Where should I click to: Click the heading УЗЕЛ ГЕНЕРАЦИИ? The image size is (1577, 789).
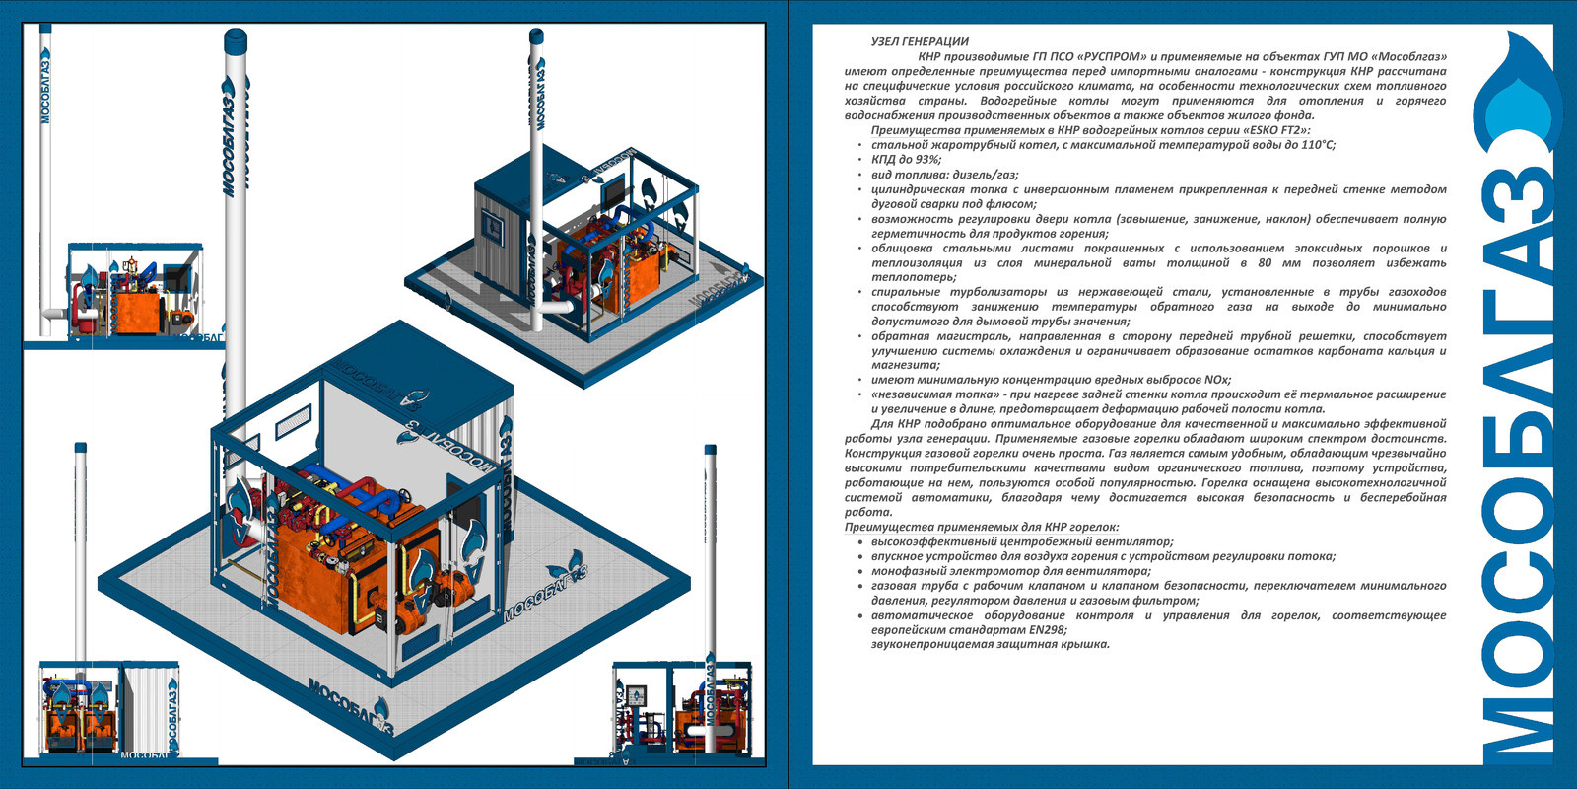click(920, 42)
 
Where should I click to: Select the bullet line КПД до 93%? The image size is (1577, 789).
click(906, 160)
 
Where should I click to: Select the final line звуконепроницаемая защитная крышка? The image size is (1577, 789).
click(990, 645)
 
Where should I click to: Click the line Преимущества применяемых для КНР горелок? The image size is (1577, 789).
click(982, 528)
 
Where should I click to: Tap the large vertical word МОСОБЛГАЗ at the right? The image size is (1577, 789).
click(1518, 464)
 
